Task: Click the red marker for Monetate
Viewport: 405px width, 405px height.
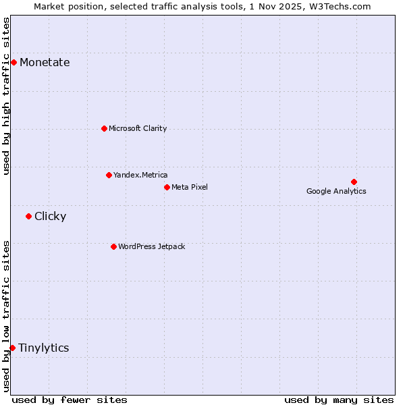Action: click(x=13, y=62)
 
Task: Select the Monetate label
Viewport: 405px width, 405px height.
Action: click(x=45, y=63)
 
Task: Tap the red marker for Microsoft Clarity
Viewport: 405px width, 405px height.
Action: click(x=104, y=128)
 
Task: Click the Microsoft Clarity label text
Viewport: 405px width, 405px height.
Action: click(x=138, y=128)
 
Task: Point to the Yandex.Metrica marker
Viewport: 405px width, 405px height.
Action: click(x=109, y=175)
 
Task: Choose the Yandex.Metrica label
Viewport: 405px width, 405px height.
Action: click(x=140, y=175)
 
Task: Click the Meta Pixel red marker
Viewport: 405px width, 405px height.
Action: click(x=167, y=187)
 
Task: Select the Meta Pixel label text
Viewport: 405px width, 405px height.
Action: click(x=190, y=187)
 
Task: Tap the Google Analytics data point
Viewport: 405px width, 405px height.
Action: click(x=354, y=182)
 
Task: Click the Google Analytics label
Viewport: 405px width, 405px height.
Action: click(x=336, y=191)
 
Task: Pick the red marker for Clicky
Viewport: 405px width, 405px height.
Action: click(x=28, y=216)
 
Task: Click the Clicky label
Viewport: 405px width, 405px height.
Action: click(x=50, y=217)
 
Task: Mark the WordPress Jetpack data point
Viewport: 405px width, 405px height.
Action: click(x=113, y=246)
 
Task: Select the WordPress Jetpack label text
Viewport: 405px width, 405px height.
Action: click(x=151, y=246)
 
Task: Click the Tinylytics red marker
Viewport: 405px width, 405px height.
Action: click(x=12, y=348)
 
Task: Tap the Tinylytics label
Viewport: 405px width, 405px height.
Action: click(x=43, y=348)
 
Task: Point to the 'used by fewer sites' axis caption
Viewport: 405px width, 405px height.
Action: click(x=70, y=400)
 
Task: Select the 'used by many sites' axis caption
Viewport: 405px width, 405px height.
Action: click(x=339, y=400)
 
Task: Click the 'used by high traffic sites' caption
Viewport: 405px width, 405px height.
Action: click(x=6, y=96)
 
